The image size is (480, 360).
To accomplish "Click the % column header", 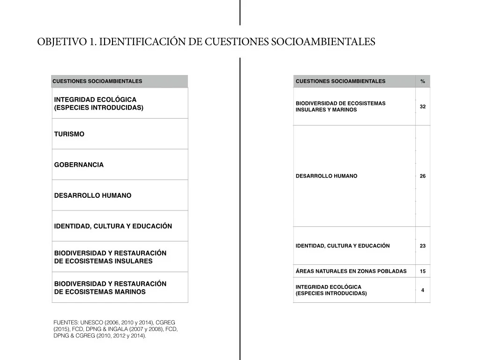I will pos(423,82).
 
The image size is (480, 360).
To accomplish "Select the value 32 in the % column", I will pos(423,107).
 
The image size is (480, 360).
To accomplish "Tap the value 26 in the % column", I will pos(423,176).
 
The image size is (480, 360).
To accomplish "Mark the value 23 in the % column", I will pos(423,246).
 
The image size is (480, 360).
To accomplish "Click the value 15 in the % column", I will pos(423,271).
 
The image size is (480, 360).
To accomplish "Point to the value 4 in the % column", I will pos(423,290).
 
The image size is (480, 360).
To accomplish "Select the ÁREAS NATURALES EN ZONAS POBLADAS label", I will pos(351,271).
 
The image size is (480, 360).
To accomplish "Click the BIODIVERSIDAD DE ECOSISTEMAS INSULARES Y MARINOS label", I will pos(340,106).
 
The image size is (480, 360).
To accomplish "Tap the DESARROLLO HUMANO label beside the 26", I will pos(326,176).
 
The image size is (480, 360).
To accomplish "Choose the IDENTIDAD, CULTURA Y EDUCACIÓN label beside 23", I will pos(343,246).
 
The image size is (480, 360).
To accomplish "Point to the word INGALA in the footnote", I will pos(107,329).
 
